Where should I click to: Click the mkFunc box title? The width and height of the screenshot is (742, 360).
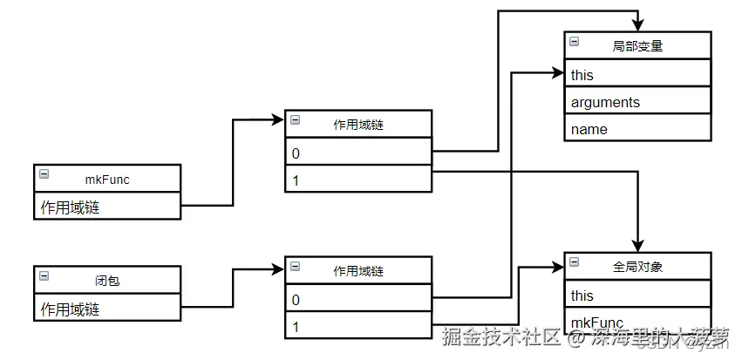coord(107,179)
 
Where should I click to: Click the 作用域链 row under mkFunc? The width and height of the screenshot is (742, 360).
coord(107,207)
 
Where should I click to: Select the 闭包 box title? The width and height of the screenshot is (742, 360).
coord(107,281)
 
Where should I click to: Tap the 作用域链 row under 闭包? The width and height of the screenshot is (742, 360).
coord(107,309)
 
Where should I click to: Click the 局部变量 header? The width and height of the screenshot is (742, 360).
coord(637,46)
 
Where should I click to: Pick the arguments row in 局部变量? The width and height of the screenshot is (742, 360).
coord(637,102)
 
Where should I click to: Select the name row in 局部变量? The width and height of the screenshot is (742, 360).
coord(637,129)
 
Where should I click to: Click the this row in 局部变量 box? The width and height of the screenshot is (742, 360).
coord(637,75)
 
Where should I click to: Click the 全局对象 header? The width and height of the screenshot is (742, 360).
coord(637,266)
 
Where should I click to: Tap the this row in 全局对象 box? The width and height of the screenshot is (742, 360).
coord(637,295)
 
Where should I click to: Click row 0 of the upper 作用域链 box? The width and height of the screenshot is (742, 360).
coord(357,153)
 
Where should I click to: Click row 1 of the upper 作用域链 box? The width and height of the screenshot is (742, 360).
coord(357,180)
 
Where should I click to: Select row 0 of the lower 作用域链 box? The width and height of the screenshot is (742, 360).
coord(357,298)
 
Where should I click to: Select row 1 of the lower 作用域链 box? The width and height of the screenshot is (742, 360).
coord(357,326)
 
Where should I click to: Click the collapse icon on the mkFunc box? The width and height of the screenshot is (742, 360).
coord(44,174)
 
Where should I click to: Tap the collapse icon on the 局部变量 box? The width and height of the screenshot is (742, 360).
coord(574,41)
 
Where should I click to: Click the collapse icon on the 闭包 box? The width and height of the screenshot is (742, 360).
coord(44,276)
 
